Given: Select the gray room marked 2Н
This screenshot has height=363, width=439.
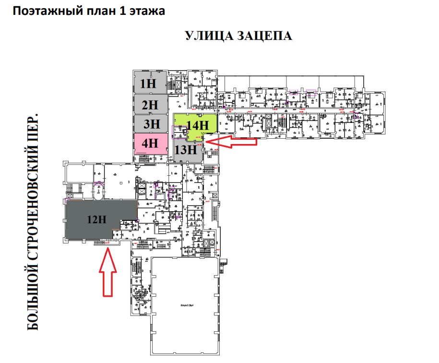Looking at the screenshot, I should point(150,104).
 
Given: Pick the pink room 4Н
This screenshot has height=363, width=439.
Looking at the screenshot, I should point(150,143).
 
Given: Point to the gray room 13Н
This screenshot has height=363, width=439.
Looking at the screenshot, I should point(186,149).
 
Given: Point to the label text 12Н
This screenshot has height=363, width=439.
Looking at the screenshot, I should point(96,220).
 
